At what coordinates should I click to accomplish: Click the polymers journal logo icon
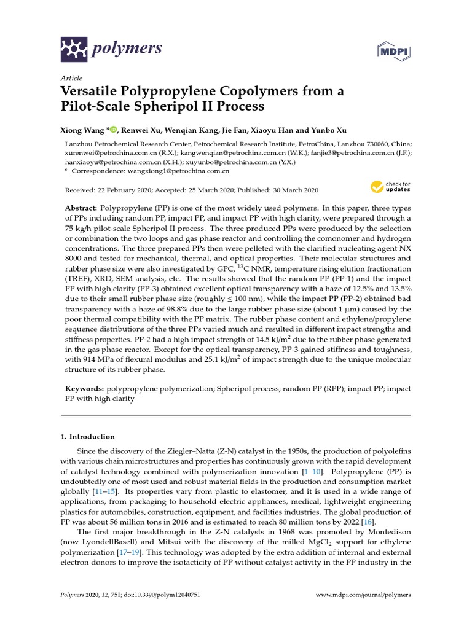click(x=74, y=47)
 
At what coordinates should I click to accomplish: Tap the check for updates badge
click(x=390, y=186)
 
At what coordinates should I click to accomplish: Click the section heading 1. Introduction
click(x=87, y=437)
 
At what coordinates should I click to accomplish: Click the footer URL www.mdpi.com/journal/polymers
click(x=363, y=595)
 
